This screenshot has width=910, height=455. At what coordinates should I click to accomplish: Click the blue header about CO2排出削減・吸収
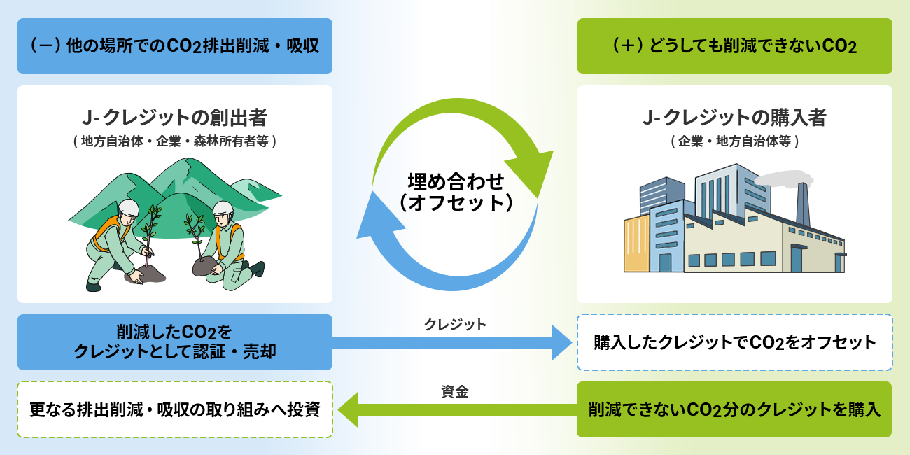click(174, 46)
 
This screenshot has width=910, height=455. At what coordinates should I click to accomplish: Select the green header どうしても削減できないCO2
click(734, 46)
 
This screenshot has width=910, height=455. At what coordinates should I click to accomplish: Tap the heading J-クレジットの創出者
click(174, 117)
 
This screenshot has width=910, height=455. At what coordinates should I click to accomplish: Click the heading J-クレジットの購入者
click(734, 117)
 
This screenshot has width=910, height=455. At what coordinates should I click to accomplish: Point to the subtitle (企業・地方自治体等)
click(734, 141)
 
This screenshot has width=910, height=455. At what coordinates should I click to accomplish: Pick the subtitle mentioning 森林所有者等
click(174, 141)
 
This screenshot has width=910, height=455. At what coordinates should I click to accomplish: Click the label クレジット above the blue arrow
click(455, 325)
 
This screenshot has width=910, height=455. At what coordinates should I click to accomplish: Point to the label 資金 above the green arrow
click(455, 392)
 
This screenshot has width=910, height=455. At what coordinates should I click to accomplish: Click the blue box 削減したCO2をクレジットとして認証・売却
click(174, 342)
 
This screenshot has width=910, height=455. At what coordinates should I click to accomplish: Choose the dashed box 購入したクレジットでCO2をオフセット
click(734, 342)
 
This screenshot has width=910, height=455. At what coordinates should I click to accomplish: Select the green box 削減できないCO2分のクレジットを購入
click(734, 409)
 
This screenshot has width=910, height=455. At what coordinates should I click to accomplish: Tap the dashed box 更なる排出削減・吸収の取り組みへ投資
click(174, 409)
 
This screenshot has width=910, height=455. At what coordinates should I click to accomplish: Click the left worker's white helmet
click(128, 207)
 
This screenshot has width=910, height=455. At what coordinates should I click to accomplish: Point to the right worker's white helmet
click(223, 208)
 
